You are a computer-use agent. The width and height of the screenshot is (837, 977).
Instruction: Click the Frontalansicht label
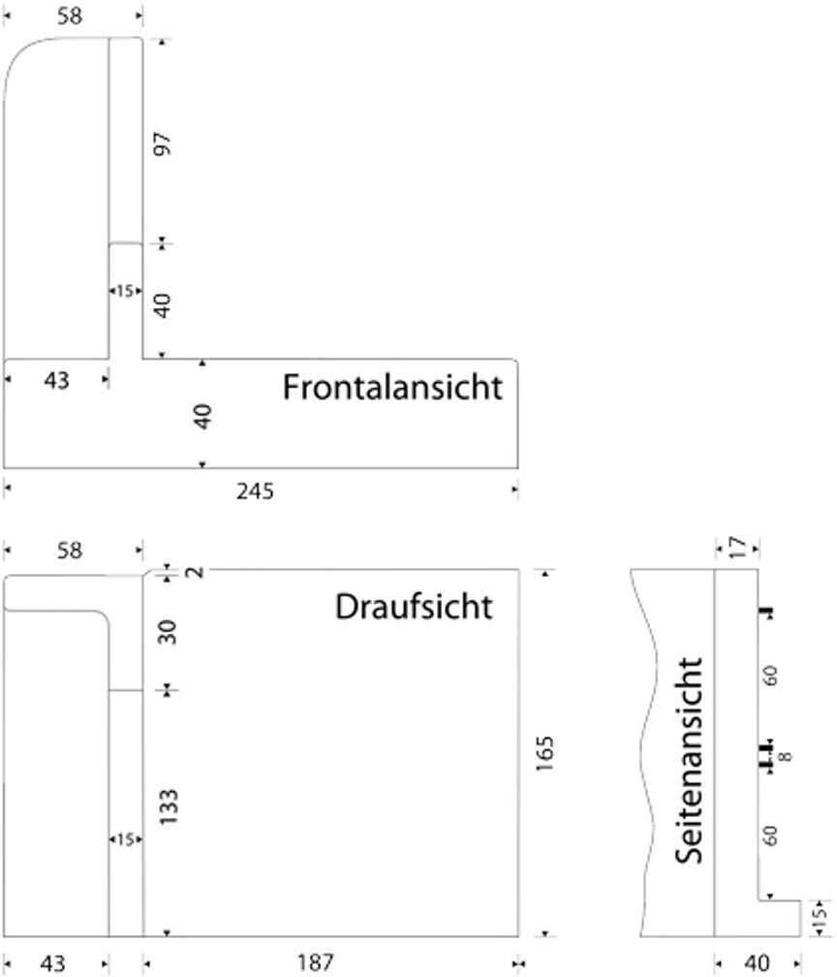click(392, 387)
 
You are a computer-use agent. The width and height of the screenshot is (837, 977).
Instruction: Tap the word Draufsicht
click(414, 607)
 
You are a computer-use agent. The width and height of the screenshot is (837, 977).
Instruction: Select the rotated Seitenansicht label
click(689, 760)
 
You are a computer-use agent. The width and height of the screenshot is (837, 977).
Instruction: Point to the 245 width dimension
click(255, 491)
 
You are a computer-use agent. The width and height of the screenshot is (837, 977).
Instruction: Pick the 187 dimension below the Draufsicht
click(316, 962)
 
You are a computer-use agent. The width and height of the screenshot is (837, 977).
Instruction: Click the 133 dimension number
click(168, 807)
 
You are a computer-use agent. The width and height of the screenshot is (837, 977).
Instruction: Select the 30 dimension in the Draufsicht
click(168, 633)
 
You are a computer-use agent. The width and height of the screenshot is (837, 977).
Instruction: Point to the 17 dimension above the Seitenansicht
click(738, 549)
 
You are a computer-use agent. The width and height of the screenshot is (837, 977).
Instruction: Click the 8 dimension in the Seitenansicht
click(786, 756)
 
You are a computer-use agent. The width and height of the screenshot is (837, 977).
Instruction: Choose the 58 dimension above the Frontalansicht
click(69, 16)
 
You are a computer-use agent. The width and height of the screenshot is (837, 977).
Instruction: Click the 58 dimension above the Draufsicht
click(69, 551)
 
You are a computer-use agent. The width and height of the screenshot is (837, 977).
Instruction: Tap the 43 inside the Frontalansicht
click(57, 381)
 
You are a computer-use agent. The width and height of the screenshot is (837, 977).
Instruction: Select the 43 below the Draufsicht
click(53, 962)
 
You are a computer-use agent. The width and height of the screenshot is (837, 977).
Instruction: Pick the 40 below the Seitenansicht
click(757, 962)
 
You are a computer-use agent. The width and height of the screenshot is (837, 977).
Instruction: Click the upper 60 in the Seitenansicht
click(771, 676)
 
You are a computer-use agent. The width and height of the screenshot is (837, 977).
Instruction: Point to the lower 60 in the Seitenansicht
click(771, 835)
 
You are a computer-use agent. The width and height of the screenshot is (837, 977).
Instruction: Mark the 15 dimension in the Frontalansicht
click(125, 291)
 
